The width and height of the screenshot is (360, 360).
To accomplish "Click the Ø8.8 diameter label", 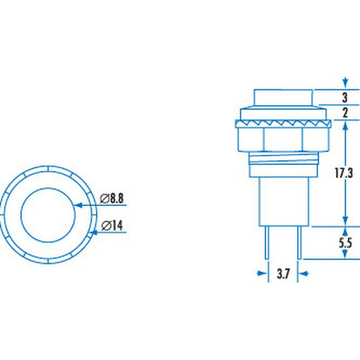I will point(111,199).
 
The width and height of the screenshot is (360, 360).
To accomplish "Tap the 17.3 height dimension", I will point(345,174).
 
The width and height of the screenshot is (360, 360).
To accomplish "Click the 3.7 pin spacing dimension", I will point(284,274).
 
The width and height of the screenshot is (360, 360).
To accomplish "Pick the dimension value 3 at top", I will point(345,97).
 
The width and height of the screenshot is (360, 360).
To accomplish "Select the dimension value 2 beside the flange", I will point(345,113).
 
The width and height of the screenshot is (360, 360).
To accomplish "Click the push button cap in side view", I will point(283,98).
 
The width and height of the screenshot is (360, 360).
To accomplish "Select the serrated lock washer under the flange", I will point(283,124).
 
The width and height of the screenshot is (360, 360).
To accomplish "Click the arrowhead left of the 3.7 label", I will point(263,274).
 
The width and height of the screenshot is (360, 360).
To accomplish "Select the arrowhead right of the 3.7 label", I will point(304,274).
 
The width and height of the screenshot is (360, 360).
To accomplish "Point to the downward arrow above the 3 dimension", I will point(345,82).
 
